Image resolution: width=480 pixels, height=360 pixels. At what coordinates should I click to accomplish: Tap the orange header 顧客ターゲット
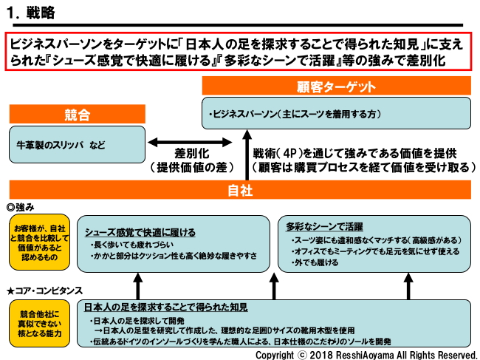coord(336,87)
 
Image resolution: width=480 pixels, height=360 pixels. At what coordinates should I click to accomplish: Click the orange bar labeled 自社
coord(241,191)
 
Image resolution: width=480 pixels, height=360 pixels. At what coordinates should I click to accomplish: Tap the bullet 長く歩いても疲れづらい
coord(133,243)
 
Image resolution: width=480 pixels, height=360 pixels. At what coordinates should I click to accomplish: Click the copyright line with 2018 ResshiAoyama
coord(366,354)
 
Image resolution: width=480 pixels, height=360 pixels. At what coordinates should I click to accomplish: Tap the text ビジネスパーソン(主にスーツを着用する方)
coord(295,115)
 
